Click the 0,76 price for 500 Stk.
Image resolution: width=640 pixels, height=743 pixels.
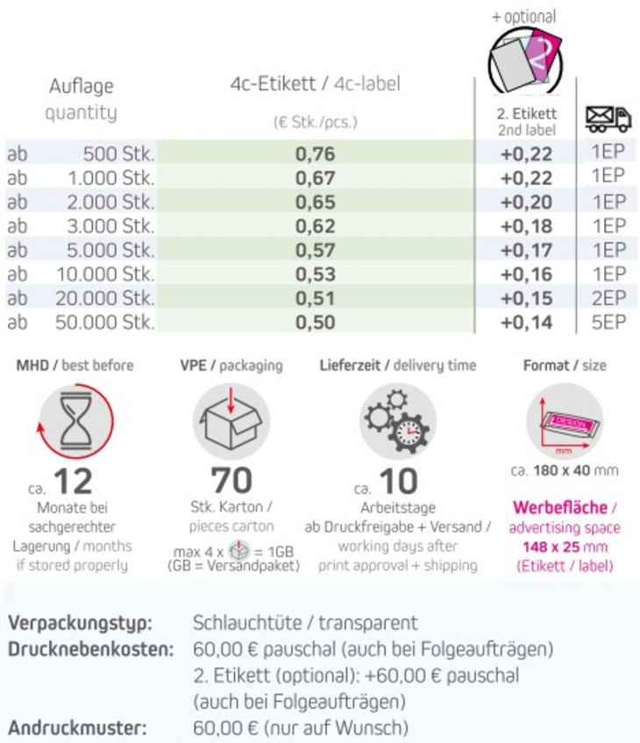[315, 154]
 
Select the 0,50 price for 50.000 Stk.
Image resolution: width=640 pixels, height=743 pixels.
[315, 322]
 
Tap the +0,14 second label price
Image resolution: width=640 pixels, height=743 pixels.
[526, 322]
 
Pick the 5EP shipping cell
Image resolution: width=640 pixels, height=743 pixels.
[608, 321]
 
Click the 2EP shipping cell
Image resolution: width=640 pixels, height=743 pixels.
[608, 297]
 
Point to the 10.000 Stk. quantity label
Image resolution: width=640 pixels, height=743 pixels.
[105, 275]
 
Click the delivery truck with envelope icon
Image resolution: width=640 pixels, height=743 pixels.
[608, 118]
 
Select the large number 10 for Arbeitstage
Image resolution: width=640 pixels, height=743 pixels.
[399, 482]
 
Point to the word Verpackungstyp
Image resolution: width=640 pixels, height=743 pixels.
[81, 624]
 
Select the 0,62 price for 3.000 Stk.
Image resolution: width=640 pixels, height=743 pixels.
[315, 226]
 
